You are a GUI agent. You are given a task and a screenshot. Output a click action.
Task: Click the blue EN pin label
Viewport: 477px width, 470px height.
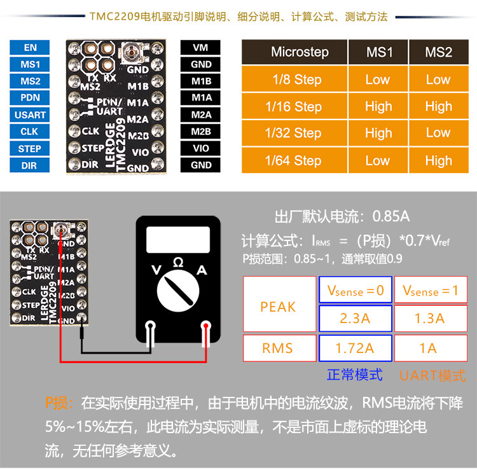pyautogui.click(x=30, y=48)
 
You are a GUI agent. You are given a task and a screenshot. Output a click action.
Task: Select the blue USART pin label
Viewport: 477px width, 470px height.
pyautogui.click(x=30, y=115)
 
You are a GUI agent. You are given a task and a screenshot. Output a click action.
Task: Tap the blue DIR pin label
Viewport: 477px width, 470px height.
pyautogui.click(x=30, y=165)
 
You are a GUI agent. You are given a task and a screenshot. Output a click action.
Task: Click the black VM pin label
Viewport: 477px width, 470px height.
pyautogui.click(x=201, y=48)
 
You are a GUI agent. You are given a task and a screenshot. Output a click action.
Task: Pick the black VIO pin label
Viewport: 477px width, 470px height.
pyautogui.click(x=201, y=148)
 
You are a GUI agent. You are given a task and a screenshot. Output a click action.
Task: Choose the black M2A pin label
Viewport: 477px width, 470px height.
pyautogui.click(x=201, y=114)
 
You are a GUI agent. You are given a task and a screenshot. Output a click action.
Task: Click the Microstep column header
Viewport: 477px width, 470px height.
pyautogui.click(x=294, y=52)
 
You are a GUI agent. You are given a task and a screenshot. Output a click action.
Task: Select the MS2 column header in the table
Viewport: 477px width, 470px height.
pyautogui.click(x=438, y=52)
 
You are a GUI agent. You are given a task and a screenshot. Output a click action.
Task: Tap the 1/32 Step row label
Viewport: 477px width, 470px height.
pyautogui.click(x=294, y=133)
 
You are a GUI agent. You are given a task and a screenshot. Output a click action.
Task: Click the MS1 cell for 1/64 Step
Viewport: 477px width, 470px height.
pyautogui.click(x=378, y=160)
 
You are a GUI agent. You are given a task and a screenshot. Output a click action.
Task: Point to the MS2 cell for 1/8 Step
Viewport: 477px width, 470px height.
pyautogui.click(x=438, y=79)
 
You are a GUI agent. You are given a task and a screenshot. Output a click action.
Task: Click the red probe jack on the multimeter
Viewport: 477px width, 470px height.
pyautogui.click(x=206, y=328)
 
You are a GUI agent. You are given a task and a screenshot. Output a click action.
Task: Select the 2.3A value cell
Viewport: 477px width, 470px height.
pyautogui.click(x=355, y=318)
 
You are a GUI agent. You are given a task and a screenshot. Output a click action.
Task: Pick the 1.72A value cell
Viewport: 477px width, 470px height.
pyautogui.click(x=355, y=348)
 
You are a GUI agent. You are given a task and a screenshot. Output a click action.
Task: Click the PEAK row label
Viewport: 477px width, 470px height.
pyautogui.click(x=279, y=307)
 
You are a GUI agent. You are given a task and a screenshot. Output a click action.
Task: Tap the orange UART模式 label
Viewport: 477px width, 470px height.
pyautogui.click(x=432, y=375)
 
